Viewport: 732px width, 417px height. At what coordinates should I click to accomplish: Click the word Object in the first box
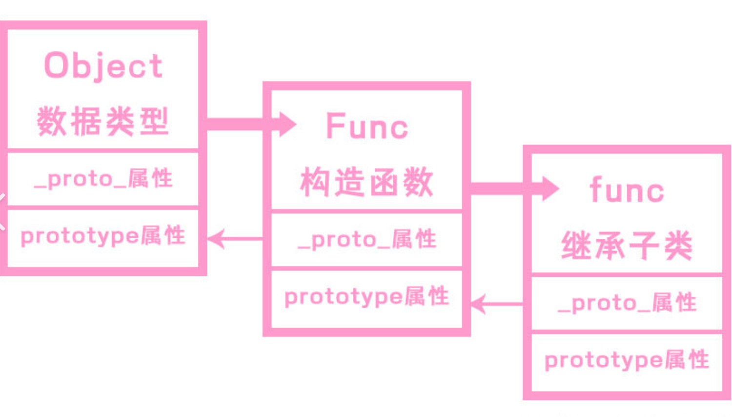pyautogui.click(x=103, y=66)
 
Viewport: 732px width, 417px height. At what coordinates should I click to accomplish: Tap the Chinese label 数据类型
pyautogui.click(x=103, y=121)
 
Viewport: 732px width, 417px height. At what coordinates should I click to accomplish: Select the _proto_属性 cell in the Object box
pyautogui.click(x=103, y=179)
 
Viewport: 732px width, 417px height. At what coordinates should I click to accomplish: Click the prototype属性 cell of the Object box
pyautogui.click(x=103, y=236)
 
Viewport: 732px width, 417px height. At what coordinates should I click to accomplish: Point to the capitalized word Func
pyautogui.click(x=366, y=126)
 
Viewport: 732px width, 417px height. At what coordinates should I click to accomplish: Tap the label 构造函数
pyautogui.click(x=366, y=182)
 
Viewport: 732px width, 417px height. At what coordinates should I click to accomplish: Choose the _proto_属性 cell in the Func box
pyautogui.click(x=366, y=240)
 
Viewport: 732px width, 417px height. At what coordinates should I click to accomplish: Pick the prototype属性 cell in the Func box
pyautogui.click(x=366, y=297)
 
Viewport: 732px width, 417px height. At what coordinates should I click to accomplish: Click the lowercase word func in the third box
pyautogui.click(x=627, y=190)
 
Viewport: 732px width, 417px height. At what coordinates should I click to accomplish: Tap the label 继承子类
pyautogui.click(x=627, y=246)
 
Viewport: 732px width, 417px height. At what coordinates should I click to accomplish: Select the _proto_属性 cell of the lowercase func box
pyautogui.click(x=627, y=303)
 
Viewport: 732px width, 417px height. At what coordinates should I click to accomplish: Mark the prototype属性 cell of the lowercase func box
pyautogui.click(x=627, y=360)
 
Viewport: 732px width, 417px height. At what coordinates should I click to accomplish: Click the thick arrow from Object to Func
pyautogui.click(x=249, y=124)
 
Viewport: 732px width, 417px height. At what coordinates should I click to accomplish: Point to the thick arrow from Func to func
pyautogui.click(x=512, y=188)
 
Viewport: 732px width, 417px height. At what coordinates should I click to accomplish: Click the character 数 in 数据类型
pyautogui.click(x=51, y=121)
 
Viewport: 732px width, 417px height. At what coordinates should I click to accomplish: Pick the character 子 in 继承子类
pyautogui.click(x=644, y=246)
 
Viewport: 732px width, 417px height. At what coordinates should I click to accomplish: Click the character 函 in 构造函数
pyautogui.click(x=384, y=182)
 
